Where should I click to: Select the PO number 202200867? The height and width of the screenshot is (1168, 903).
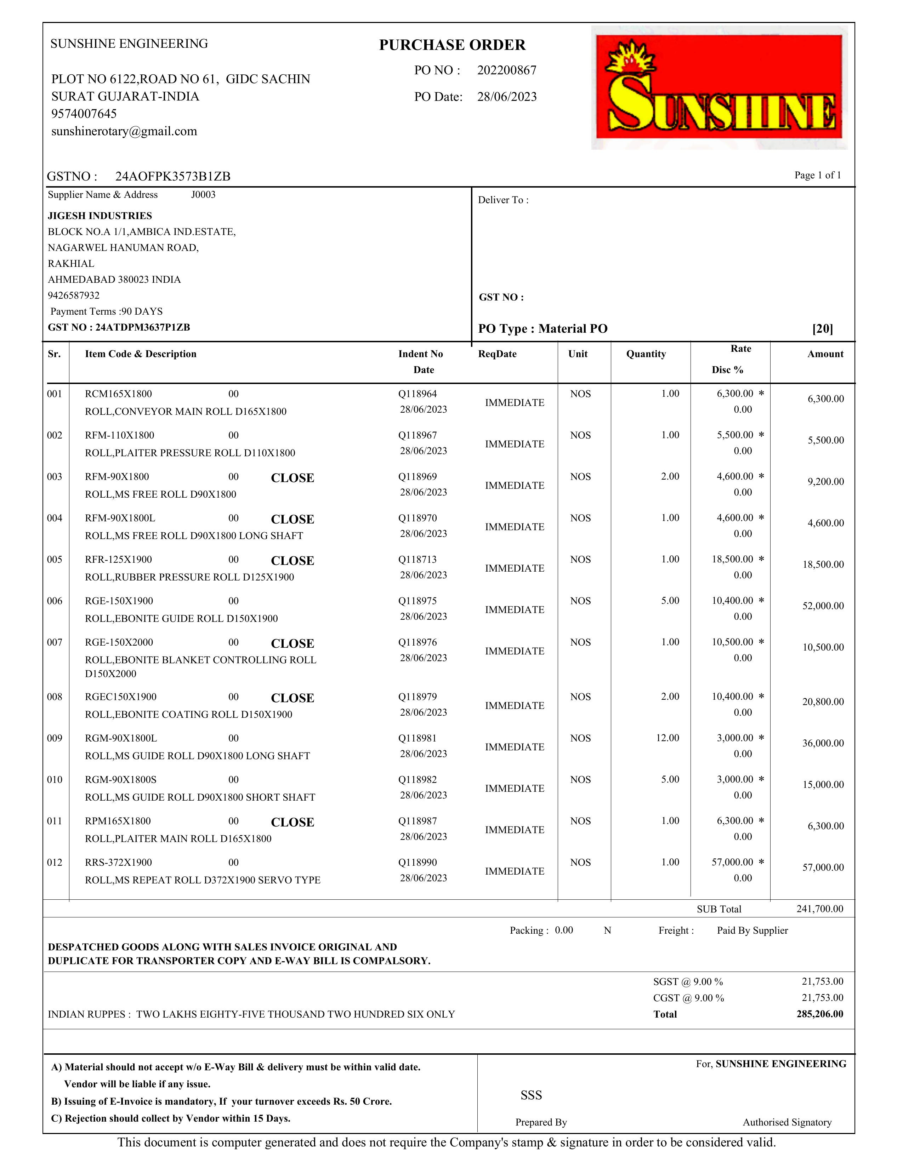507,70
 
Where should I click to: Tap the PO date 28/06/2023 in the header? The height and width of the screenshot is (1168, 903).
507,97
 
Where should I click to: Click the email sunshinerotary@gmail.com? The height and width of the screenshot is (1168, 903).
124,131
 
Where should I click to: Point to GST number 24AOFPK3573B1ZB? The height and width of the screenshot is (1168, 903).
173,177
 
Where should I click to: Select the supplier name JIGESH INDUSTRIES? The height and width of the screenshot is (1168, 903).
100,216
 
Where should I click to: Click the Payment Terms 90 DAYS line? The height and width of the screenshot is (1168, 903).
107,311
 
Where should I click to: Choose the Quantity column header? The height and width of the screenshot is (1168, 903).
646,354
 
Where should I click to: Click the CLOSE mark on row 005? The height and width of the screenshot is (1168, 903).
292,561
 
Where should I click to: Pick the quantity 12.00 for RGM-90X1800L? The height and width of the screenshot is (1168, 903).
667,738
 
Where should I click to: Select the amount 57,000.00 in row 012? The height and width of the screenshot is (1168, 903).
823,868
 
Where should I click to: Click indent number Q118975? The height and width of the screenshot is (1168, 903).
417,601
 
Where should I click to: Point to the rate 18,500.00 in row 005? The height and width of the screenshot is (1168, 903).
732,559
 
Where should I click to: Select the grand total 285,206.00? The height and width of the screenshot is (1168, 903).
819,1014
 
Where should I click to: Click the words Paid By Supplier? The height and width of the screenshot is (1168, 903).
752,931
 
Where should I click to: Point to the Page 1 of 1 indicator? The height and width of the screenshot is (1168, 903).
817,176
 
